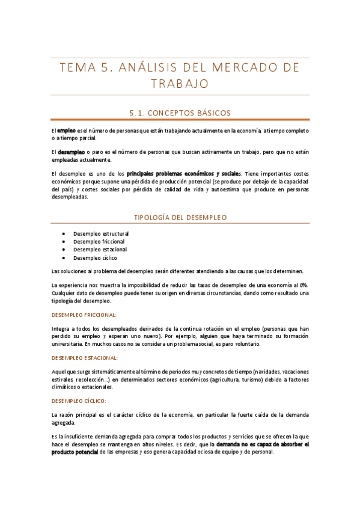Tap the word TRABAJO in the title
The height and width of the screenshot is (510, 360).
(180, 84)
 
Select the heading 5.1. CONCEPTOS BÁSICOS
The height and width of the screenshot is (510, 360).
(180, 112)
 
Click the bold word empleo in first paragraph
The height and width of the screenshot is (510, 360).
(67, 131)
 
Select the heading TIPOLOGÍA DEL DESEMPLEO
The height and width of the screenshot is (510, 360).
(180, 217)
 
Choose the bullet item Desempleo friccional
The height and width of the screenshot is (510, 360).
(99, 241)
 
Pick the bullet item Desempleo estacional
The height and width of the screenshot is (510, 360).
(100, 250)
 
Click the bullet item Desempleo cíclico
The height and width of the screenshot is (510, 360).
(95, 258)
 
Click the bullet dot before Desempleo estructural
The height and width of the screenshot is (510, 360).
(64, 233)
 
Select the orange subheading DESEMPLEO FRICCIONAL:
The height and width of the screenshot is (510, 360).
(84, 315)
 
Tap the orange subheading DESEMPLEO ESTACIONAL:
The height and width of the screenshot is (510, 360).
(84, 357)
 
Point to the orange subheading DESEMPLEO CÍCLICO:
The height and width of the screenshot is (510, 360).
(79, 401)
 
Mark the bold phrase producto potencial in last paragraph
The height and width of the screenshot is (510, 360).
(75, 452)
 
